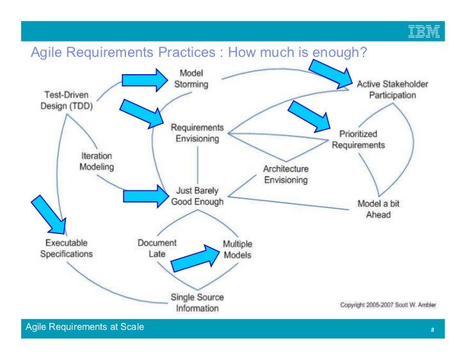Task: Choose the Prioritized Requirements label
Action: tap(358, 139)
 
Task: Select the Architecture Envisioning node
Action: tap(285, 175)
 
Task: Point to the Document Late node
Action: tap(157, 249)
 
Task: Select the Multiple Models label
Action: tap(237, 249)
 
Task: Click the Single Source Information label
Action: tap(198, 302)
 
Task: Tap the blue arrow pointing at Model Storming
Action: tap(143, 79)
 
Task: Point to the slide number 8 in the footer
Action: tap(433, 330)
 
